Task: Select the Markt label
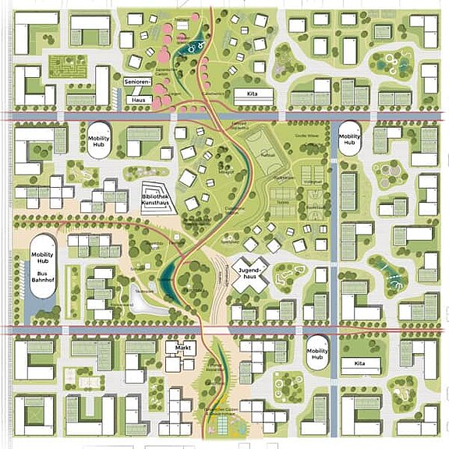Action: point(184,348)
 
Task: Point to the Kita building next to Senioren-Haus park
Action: point(255,96)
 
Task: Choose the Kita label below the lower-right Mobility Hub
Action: point(359,363)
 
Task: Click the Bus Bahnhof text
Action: point(41,280)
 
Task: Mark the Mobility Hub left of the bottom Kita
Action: point(316,353)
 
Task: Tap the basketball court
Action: point(313,205)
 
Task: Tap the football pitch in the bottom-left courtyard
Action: point(32,411)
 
